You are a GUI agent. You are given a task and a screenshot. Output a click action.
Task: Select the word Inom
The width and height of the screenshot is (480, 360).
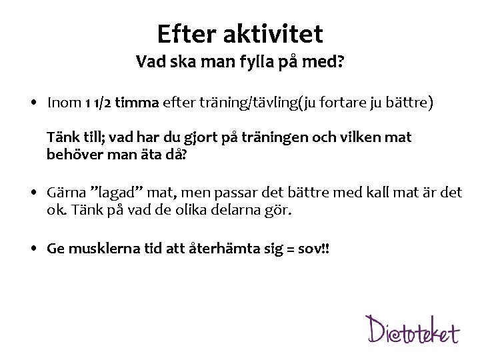[x=63, y=103]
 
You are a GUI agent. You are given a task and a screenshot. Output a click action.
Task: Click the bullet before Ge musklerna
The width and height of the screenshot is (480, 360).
[x=33, y=249]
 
